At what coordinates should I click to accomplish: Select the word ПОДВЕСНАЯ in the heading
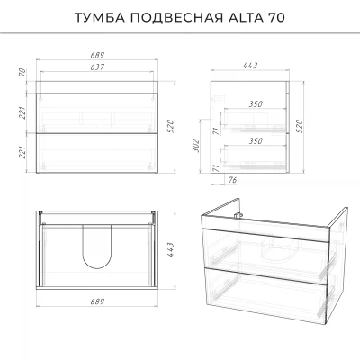(x=176, y=18)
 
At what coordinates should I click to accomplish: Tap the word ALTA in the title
(x=245, y=18)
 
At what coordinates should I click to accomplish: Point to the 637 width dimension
(x=97, y=67)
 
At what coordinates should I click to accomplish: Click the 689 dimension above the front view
(x=97, y=55)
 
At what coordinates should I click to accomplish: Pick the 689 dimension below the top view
(x=97, y=301)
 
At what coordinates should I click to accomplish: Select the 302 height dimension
(x=195, y=146)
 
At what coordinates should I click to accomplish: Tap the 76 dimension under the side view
(x=233, y=180)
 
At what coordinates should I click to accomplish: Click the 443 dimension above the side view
(x=250, y=66)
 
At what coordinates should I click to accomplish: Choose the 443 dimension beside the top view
(x=170, y=250)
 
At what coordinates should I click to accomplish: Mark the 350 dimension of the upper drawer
(x=256, y=103)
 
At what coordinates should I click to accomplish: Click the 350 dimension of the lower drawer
(x=256, y=140)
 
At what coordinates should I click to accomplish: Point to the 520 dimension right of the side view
(x=300, y=126)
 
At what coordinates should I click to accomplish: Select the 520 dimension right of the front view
(x=170, y=126)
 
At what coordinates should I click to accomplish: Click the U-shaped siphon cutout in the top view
(x=97, y=268)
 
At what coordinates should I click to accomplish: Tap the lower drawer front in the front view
(x=97, y=153)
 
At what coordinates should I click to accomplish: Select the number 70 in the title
(x=275, y=18)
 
